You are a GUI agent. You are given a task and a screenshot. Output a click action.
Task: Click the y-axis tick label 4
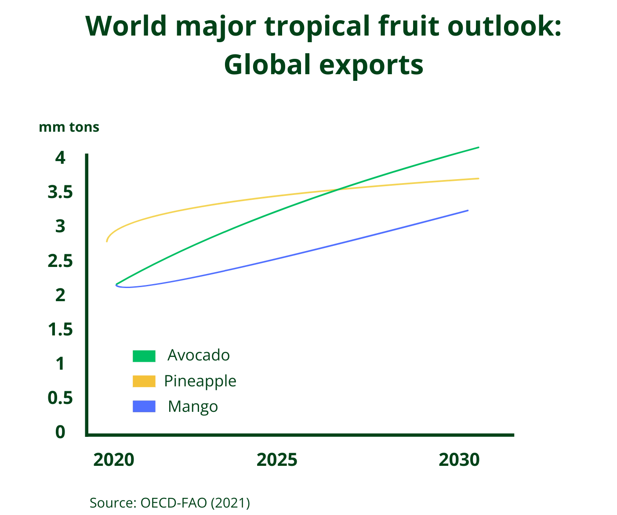coord(60,157)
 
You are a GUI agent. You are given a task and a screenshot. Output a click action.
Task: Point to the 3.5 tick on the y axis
coord(60,192)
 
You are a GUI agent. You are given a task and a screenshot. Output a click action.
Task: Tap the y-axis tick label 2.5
coord(60,261)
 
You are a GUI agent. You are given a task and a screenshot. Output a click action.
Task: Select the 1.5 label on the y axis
coord(60,329)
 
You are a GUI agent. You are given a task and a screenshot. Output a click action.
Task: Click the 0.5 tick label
coord(60,398)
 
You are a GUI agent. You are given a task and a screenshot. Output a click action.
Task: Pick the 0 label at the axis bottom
coord(60,432)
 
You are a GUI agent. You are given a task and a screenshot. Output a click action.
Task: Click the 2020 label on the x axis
coord(114,460)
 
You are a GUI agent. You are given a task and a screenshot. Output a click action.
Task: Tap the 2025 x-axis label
coord(277,460)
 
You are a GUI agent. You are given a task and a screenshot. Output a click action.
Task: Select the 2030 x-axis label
coord(459,460)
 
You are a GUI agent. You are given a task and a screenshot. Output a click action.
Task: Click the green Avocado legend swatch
coord(144,356)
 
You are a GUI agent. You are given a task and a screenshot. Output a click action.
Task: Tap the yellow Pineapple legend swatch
coord(144,381)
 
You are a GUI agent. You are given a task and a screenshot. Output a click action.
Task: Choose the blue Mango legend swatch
coord(144,407)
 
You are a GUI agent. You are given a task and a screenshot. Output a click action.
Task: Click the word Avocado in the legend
coord(199,355)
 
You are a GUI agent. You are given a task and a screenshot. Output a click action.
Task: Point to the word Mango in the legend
coord(193,407)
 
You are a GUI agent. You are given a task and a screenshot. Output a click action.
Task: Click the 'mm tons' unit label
coord(69,127)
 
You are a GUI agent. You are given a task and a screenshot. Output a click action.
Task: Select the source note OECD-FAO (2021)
coord(170,503)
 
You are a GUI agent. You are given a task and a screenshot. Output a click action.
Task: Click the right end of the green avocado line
coord(478,148)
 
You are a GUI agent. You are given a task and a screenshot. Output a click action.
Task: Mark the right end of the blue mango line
coord(468,210)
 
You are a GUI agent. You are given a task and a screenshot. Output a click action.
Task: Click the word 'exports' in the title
coord(371,65)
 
